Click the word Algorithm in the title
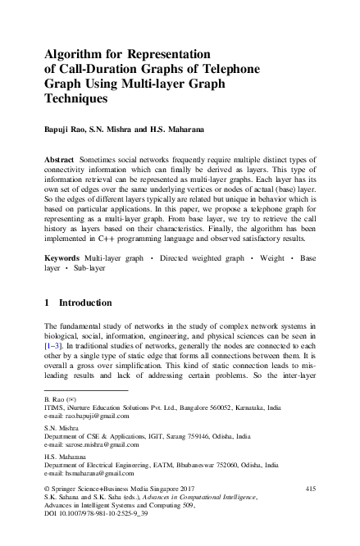click(x=75, y=54)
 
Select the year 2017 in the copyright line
click(x=187, y=489)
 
